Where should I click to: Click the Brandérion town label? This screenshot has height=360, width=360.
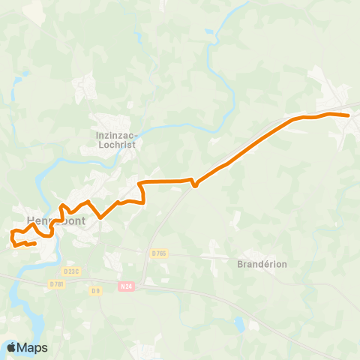coord(262,264)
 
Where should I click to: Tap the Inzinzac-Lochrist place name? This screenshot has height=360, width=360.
coord(115,140)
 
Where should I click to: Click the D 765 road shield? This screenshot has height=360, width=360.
coord(158,253)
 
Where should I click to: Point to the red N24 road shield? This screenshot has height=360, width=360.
coord(126,286)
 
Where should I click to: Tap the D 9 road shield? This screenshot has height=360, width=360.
coord(95,290)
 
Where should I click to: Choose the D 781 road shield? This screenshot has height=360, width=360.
coord(56,283)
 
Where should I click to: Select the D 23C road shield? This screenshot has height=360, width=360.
coord(72,271)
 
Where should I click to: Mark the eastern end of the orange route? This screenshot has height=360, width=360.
coord(349,115)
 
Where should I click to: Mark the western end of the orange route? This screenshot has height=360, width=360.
coord(35,243)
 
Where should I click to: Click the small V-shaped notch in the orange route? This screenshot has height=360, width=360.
coord(194,185)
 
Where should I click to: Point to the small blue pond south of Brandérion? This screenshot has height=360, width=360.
coord(239,324)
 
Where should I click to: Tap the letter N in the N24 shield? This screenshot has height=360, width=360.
coord(121,286)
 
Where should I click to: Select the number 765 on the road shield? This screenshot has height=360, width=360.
coord(160,253)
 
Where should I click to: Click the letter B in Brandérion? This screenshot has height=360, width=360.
coord(240,264)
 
